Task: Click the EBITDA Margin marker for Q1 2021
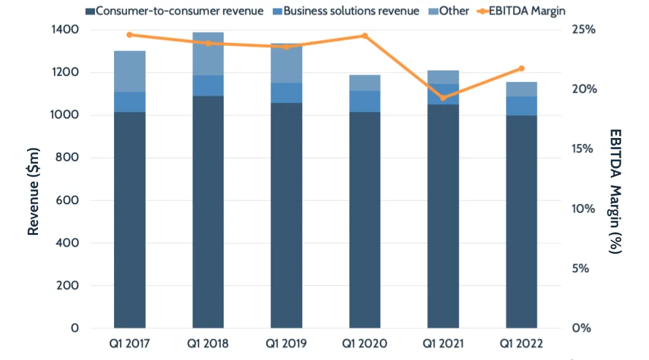443,98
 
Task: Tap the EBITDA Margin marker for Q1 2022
522,68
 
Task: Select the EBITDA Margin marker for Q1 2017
129,35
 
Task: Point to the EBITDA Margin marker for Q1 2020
365,36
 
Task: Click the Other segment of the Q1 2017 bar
129,71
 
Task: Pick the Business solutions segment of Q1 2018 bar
208,86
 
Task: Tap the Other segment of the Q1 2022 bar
522,89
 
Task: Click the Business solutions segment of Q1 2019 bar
286,93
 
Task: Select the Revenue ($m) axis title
34,191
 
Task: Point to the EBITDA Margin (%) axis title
616,191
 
